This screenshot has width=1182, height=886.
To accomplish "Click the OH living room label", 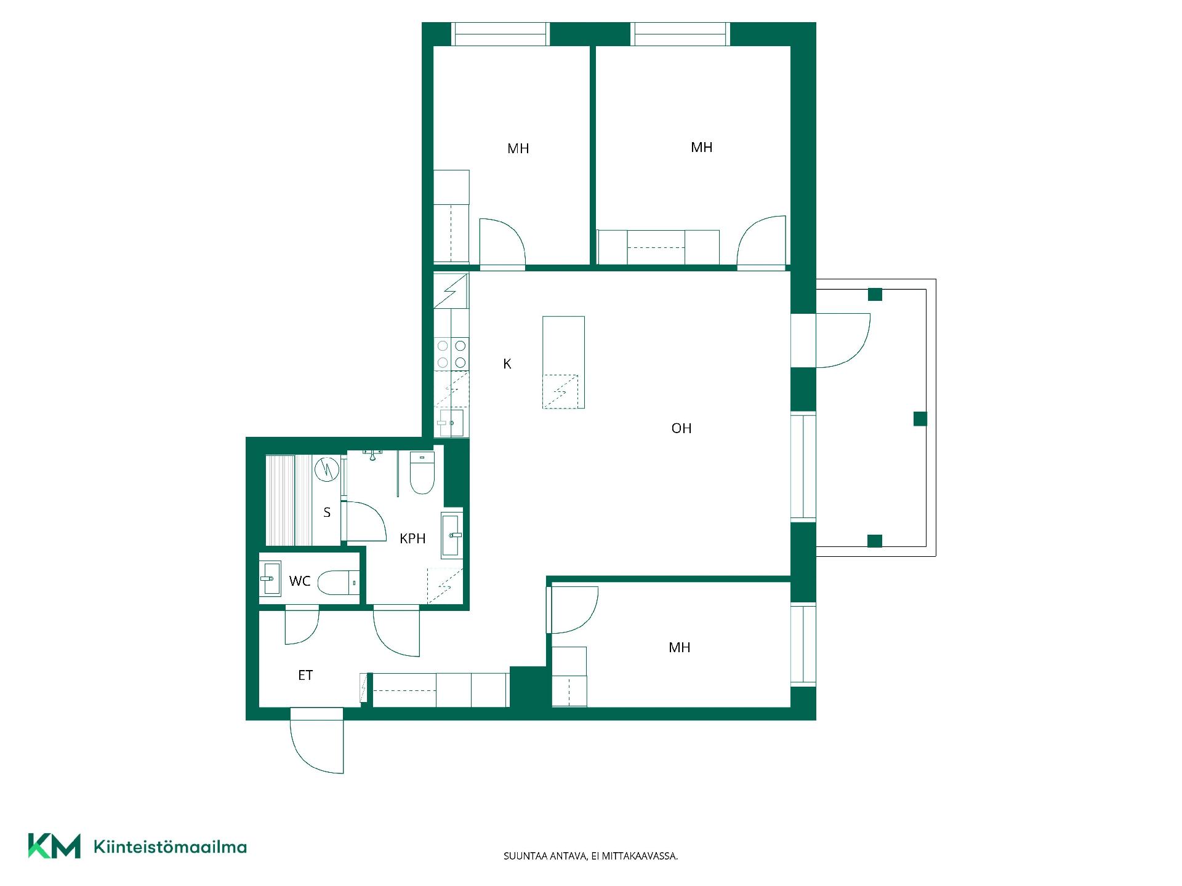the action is pos(681,428).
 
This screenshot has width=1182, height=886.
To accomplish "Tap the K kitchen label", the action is pos(507,364).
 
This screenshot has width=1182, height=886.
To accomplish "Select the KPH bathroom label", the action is pos(412,538).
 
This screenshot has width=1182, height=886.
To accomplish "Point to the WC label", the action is pos(300,581).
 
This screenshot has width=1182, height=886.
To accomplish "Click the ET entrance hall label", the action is pos(305,675).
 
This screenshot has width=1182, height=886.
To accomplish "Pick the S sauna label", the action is pos(327,512).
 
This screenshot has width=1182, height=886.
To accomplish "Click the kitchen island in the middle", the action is pos(563,362).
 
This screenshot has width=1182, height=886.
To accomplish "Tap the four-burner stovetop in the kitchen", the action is pos(451,354).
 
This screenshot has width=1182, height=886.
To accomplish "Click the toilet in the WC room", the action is pos(338,583).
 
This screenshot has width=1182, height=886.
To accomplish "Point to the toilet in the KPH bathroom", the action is pos(422,473).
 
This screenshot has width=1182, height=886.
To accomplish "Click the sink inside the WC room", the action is pos(270,578).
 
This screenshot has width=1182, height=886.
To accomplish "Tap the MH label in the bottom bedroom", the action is pos(679,647).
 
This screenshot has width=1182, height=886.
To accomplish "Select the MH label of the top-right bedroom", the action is pos(701,147).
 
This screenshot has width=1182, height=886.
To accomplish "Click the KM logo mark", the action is pos(54,846).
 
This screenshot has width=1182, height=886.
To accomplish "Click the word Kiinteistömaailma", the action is pos(170,847).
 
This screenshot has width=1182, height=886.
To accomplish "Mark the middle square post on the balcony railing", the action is pos(920,419).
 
